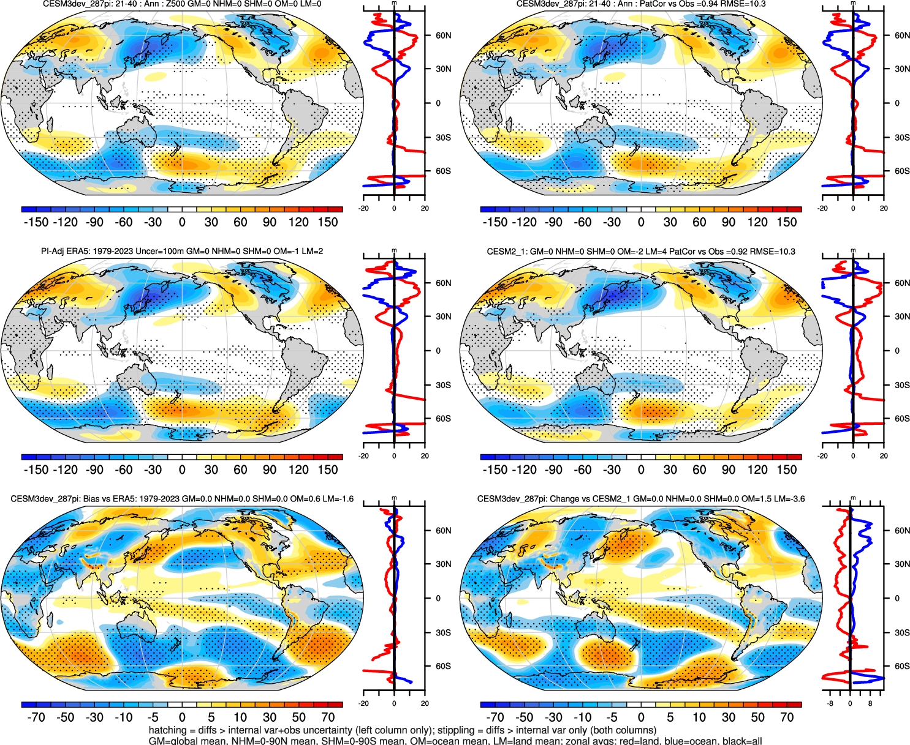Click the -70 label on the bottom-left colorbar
[36, 717]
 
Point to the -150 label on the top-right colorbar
[495, 222]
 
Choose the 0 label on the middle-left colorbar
[182, 470]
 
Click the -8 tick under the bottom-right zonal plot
[830, 703]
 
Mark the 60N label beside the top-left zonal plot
[444, 36]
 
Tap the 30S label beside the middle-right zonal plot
[902, 385]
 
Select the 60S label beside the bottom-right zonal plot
[902, 666]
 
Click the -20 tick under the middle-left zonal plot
[364, 456]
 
